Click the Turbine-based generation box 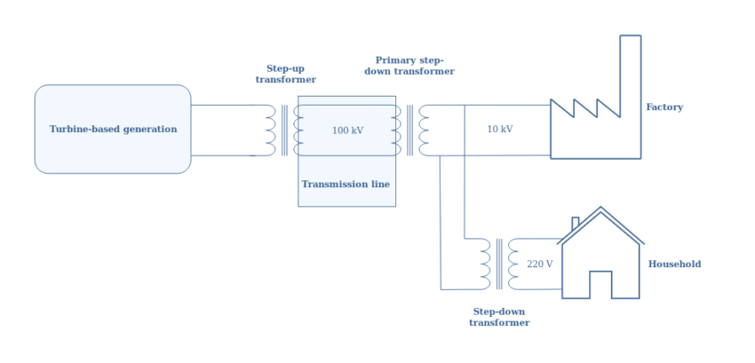[113, 129]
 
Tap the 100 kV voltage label [347, 130]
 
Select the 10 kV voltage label [499, 130]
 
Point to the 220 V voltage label [539, 264]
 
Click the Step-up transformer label [286, 74]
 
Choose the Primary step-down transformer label [409, 66]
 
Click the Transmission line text [346, 185]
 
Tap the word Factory [664, 107]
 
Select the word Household [674, 264]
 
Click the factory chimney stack [630, 89]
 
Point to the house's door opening [600, 285]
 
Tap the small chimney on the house [576, 223]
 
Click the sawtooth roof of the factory [585, 109]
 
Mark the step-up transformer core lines [284, 130]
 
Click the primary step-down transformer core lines [409, 130]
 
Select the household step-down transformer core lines [499, 264]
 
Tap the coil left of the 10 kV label [425, 130]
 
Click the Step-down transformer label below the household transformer [499, 318]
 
